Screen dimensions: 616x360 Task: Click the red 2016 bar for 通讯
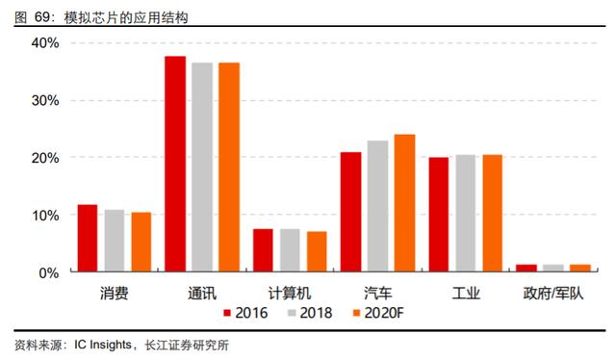(175, 164)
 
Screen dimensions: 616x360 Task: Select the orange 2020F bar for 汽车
(404, 203)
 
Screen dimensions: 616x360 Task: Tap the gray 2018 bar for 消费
(115, 241)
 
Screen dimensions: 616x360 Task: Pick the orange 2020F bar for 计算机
(317, 251)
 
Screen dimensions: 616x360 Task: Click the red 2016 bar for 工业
(439, 215)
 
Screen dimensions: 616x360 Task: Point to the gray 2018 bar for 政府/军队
(553, 268)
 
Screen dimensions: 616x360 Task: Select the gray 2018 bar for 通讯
(202, 167)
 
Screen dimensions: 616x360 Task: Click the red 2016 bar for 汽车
(350, 212)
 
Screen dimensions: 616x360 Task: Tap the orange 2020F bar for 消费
(141, 242)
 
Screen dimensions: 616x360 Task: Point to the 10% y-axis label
(45, 216)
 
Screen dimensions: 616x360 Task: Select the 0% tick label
(49, 272)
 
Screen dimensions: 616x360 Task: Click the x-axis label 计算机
(290, 294)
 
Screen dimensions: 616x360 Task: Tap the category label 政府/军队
(553, 294)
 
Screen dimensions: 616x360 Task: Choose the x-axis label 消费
(114, 294)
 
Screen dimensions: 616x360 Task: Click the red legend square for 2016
(227, 313)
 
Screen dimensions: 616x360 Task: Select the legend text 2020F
(384, 313)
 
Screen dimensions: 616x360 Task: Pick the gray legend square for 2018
(292, 313)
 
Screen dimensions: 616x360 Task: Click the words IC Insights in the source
(103, 345)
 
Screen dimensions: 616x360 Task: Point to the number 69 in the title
(41, 17)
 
